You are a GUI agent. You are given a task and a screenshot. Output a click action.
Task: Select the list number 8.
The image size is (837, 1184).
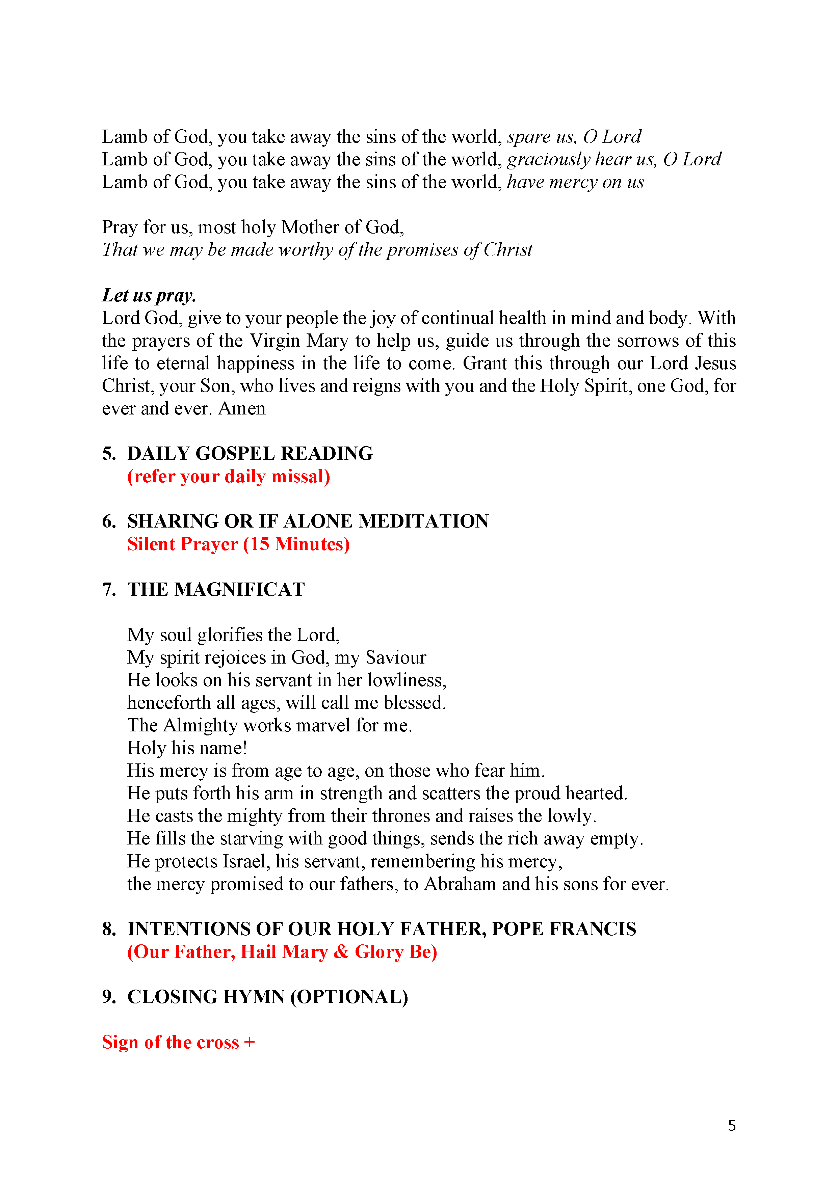[108, 929]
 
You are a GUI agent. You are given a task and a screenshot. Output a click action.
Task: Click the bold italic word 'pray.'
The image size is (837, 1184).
[176, 295]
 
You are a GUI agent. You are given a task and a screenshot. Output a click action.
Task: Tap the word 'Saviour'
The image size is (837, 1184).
[396, 657]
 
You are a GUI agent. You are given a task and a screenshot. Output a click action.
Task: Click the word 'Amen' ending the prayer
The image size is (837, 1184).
[242, 408]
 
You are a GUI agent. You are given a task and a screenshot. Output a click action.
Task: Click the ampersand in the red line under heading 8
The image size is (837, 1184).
[341, 951]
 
